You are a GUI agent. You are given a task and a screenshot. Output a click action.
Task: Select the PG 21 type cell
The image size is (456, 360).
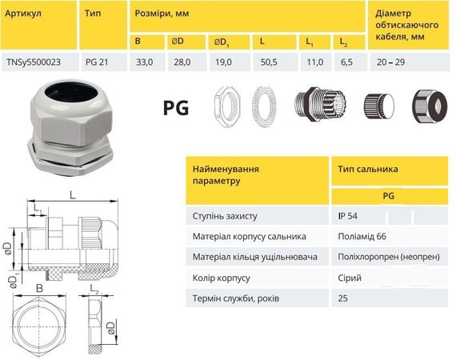[x=97, y=61]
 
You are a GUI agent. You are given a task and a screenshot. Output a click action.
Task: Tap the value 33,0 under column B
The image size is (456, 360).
[x=144, y=61]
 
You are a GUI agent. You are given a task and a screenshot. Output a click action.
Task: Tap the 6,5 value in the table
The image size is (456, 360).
[x=346, y=61]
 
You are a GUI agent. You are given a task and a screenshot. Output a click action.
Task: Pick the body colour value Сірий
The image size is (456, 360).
[x=350, y=277]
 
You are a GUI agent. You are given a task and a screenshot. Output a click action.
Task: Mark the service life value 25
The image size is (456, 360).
[x=344, y=298]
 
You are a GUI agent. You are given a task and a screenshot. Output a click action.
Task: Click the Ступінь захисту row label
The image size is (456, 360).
[x=230, y=216]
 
